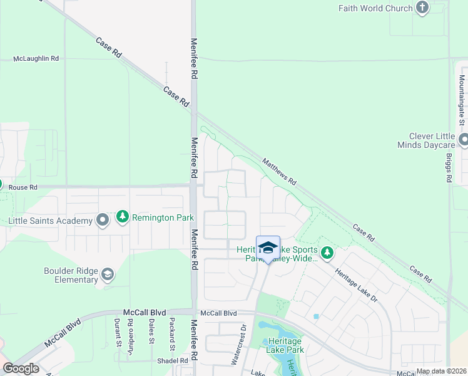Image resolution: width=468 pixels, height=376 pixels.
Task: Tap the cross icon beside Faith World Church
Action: click(423, 8)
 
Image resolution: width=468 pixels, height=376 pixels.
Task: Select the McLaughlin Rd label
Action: click(36, 58)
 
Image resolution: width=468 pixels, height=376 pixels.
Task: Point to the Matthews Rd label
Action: click(279, 170)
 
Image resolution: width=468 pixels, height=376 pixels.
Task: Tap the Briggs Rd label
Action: click(449, 169)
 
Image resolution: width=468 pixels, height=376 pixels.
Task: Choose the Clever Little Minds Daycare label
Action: click(431, 140)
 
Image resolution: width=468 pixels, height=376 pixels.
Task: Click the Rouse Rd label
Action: click(23, 187)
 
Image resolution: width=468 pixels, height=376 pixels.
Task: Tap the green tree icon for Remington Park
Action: click(123, 217)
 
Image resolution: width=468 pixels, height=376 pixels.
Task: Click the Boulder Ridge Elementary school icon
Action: click(108, 274)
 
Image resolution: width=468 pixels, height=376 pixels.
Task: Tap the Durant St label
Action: click(117, 332)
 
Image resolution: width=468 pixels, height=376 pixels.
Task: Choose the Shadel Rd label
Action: click(175, 361)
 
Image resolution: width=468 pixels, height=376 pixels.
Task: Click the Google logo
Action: click(21, 368)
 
